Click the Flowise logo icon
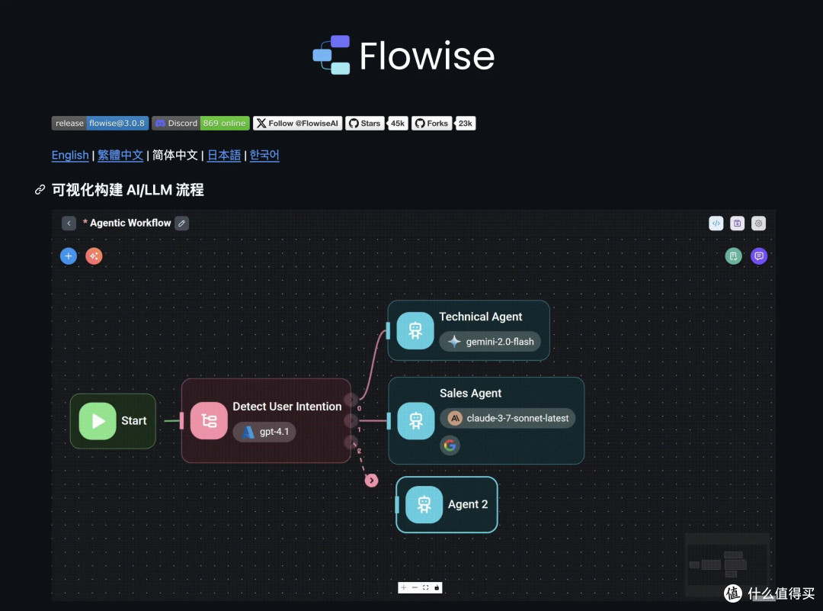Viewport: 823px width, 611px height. [331, 55]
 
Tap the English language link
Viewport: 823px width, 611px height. [70, 155]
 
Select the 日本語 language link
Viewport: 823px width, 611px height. [223, 155]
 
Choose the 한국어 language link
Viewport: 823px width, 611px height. [264, 155]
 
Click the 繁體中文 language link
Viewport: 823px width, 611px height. [120, 155]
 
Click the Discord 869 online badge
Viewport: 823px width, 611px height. [200, 123]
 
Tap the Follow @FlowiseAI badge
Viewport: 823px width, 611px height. [298, 123]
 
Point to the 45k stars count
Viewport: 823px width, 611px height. [397, 123]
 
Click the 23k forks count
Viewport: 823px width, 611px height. [465, 123]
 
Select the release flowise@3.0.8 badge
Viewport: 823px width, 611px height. [100, 123]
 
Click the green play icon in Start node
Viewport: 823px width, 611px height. [98, 421]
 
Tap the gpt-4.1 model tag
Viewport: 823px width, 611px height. [264, 432]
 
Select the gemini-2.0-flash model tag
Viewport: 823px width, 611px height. [490, 342]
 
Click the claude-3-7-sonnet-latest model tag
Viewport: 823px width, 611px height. [508, 418]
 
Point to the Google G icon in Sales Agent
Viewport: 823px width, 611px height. [450, 445]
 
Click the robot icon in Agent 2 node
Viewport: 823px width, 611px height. [424, 504]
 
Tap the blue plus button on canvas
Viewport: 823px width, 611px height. [69, 256]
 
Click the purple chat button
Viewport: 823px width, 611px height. [758, 256]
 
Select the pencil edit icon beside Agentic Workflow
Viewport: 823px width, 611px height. [181, 223]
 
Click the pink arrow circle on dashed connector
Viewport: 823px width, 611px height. [372, 481]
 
